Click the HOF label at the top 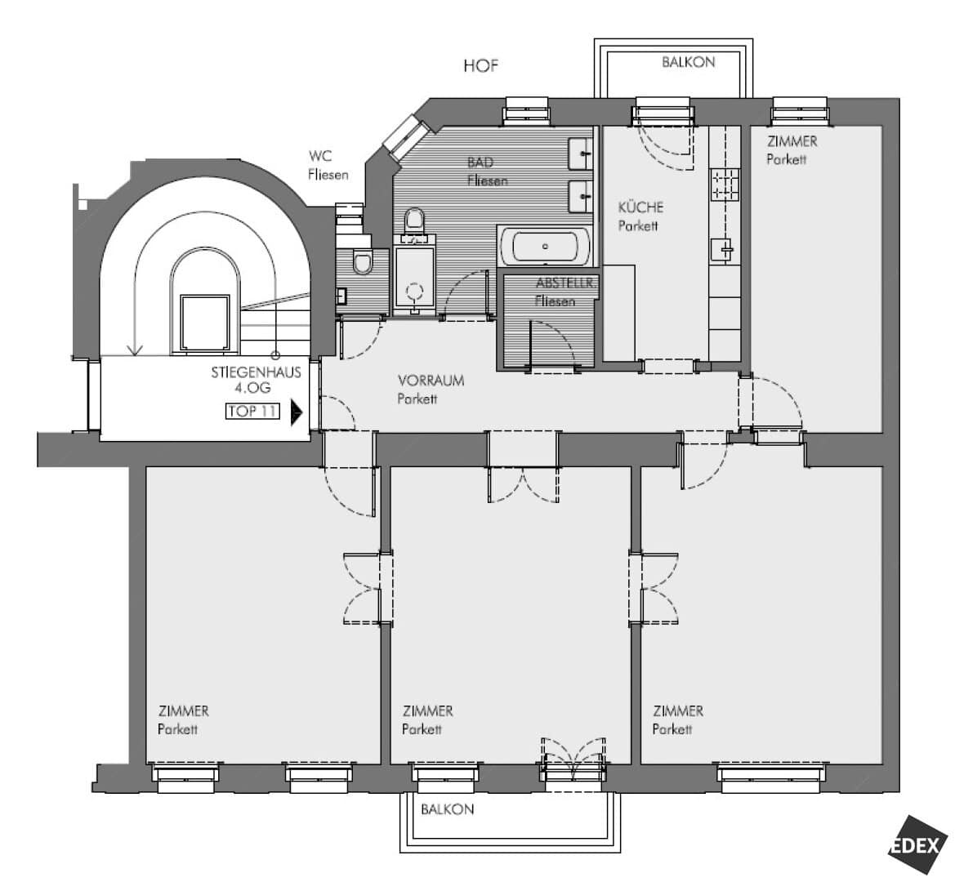click(x=480, y=65)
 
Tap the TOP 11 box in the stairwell click(x=252, y=412)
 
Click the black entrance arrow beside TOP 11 click(x=297, y=412)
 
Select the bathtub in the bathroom click(x=545, y=247)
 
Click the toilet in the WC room click(x=363, y=262)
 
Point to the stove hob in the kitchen click(x=725, y=185)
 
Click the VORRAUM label click(x=431, y=381)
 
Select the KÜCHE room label click(x=640, y=207)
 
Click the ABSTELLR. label click(x=567, y=283)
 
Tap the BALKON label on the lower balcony click(x=447, y=809)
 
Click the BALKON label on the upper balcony click(x=688, y=62)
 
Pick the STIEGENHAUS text click(x=257, y=372)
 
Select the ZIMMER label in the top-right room click(x=792, y=142)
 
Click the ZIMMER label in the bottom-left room click(x=183, y=711)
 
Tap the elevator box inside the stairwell click(x=205, y=323)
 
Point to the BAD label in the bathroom click(x=480, y=163)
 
